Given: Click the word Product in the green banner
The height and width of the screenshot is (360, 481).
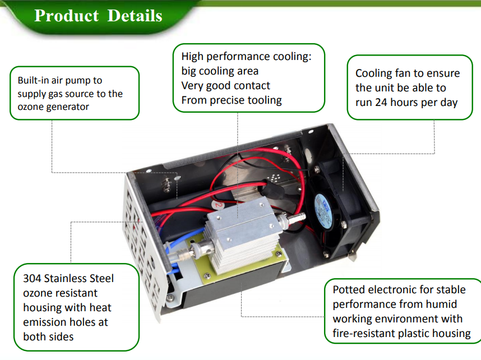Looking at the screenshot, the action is pos(67,15).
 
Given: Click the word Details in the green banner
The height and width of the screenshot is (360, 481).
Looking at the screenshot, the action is pos(135,15).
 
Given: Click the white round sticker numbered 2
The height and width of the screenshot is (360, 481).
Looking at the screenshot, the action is pos(218,204).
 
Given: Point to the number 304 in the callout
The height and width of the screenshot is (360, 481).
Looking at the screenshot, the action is pos(32,278).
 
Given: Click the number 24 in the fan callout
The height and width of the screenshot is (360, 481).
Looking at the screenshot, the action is pos(381,102).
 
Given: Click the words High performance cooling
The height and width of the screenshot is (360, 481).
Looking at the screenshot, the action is pos(246,57).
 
